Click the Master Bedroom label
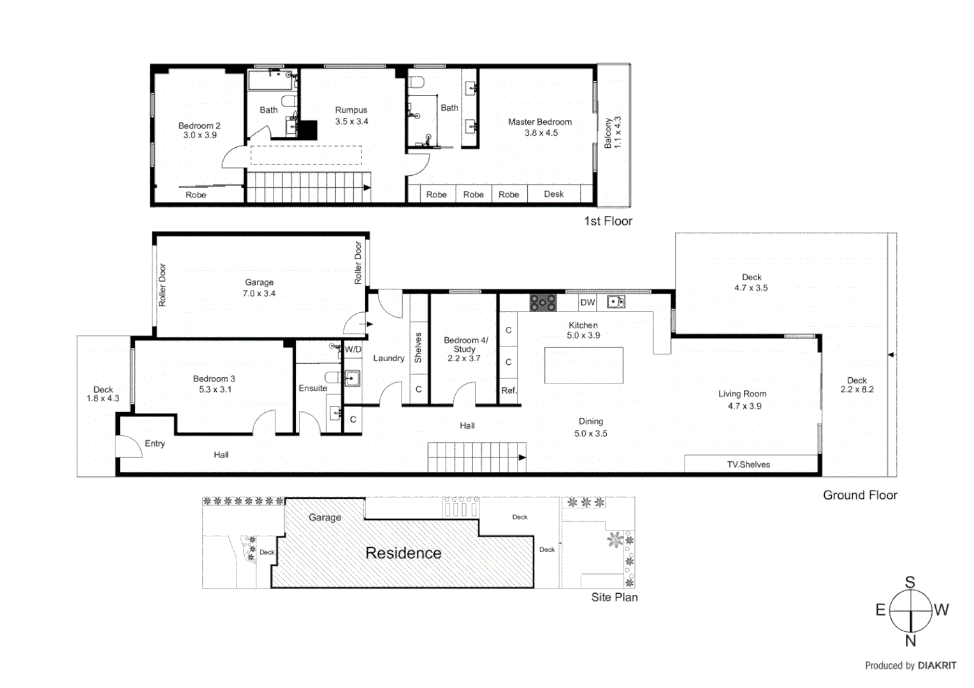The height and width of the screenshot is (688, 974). [539, 122]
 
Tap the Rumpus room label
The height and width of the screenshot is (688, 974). [351, 110]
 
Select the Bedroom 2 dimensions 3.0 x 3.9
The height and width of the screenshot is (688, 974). [200, 135]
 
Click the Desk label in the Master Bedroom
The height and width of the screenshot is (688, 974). [553, 194]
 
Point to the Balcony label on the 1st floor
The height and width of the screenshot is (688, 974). [608, 133]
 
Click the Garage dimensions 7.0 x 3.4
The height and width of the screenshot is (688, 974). [259, 294]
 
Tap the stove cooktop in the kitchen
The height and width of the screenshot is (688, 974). [542, 303]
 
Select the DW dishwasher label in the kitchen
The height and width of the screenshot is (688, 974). [587, 303]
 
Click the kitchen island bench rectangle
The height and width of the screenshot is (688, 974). [583, 365]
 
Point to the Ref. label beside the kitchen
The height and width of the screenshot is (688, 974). [508, 391]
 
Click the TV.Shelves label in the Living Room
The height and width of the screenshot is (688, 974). [748, 464]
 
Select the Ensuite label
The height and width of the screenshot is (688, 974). [313, 388]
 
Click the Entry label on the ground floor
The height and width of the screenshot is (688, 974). [154, 443]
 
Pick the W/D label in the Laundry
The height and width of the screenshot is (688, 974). [353, 350]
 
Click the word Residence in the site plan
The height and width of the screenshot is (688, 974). [403, 553]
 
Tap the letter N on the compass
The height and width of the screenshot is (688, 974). [910, 641]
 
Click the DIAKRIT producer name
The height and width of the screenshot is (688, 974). [936, 666]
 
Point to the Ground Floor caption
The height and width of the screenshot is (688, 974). [859, 495]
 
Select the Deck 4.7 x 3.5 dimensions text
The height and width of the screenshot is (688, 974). [751, 288]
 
